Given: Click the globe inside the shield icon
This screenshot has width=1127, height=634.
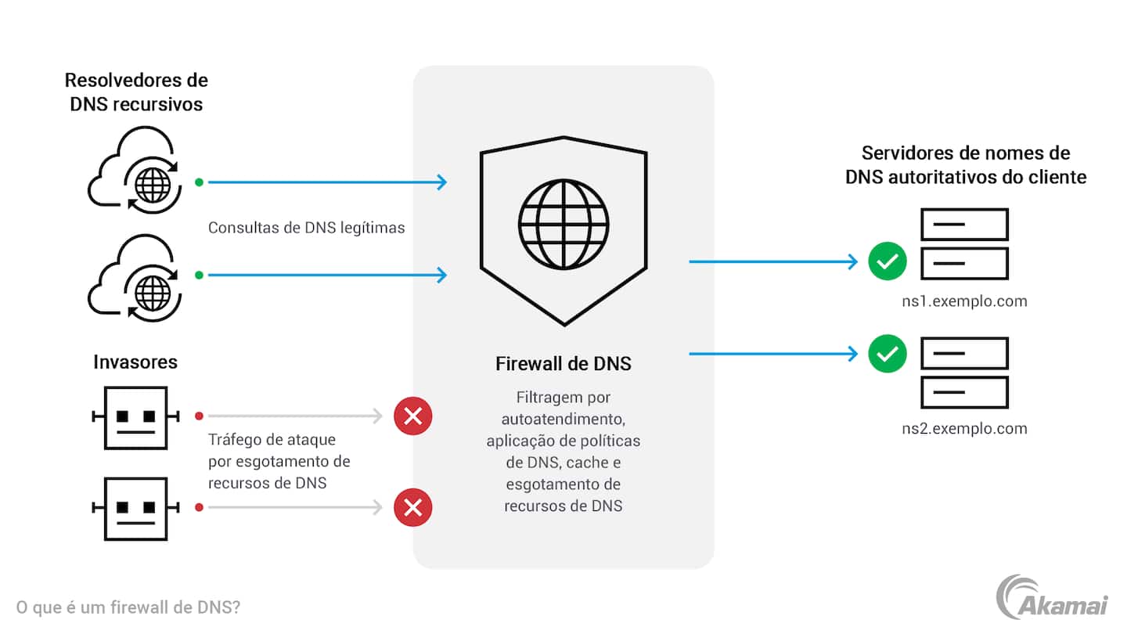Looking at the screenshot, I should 563,223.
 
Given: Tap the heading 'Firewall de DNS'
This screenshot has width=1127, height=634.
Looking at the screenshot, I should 563,364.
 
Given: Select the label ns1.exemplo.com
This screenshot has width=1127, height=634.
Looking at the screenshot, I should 964,301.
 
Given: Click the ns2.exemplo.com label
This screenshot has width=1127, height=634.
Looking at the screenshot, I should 964,428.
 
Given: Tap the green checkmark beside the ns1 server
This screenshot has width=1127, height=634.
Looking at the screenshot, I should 887,262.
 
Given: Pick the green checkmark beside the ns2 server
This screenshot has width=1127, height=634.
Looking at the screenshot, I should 887,355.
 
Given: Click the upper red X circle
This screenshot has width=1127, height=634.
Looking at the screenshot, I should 413,416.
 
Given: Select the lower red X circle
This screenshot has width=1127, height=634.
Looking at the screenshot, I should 413,507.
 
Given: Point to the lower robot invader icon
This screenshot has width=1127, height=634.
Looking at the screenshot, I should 136,508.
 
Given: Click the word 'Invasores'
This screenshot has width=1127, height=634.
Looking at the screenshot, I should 135,362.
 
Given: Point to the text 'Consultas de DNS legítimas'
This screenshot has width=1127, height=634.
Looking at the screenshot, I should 306,228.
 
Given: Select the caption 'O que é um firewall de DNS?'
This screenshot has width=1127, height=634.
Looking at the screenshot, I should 128,607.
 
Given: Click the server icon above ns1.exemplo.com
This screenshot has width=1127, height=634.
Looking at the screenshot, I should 964,243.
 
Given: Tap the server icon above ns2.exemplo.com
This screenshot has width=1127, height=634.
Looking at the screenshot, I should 964,372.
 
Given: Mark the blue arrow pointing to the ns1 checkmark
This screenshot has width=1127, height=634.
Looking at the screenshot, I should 773,261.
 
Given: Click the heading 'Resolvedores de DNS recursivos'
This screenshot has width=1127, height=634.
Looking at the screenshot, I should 136,92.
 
